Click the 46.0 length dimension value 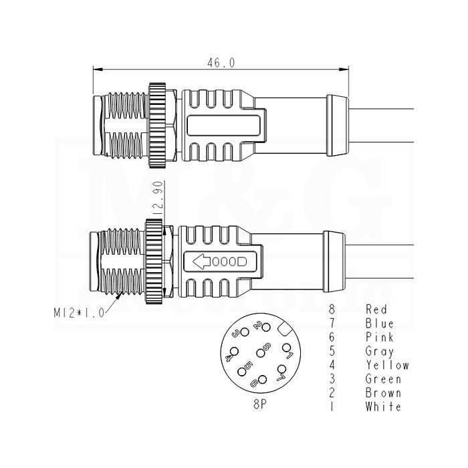(221, 63)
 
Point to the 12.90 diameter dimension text (158, 198)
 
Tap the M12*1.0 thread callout (79, 312)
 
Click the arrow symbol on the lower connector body (202, 262)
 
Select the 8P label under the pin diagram (260, 404)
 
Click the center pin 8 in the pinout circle (261, 354)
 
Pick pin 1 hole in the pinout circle (286, 348)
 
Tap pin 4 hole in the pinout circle (234, 352)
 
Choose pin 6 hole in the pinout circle (262, 379)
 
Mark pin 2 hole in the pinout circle (266, 327)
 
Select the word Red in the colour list (376, 309)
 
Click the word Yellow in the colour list (387, 365)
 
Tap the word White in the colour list (383, 406)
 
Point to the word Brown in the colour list (383, 393)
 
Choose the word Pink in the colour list (379, 337)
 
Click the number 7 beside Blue (332, 323)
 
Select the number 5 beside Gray (332, 351)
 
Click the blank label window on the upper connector (223, 126)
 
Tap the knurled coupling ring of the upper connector (157, 125)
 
